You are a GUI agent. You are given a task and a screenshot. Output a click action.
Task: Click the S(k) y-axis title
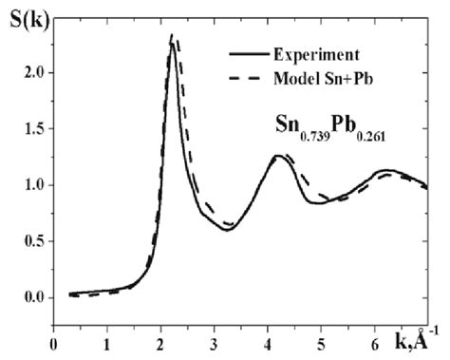[x=23, y=14]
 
